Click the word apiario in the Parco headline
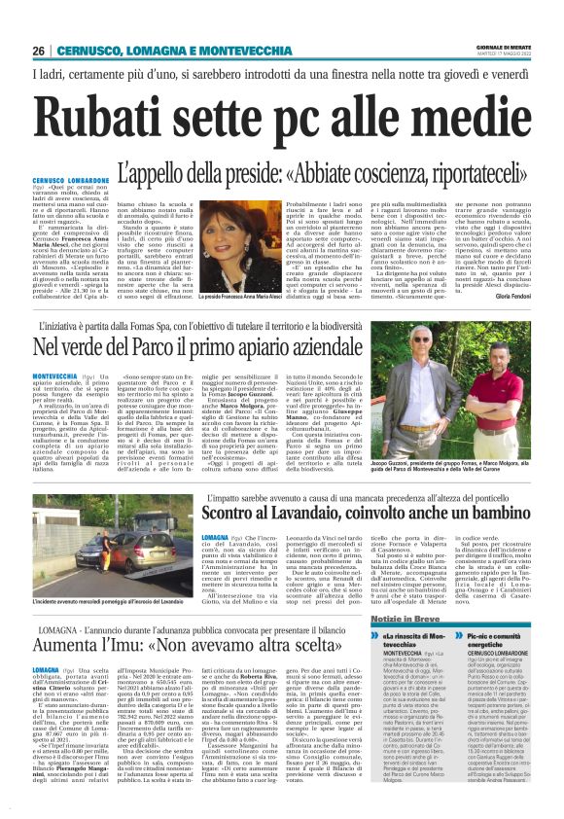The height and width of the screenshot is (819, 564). tap(309, 343)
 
